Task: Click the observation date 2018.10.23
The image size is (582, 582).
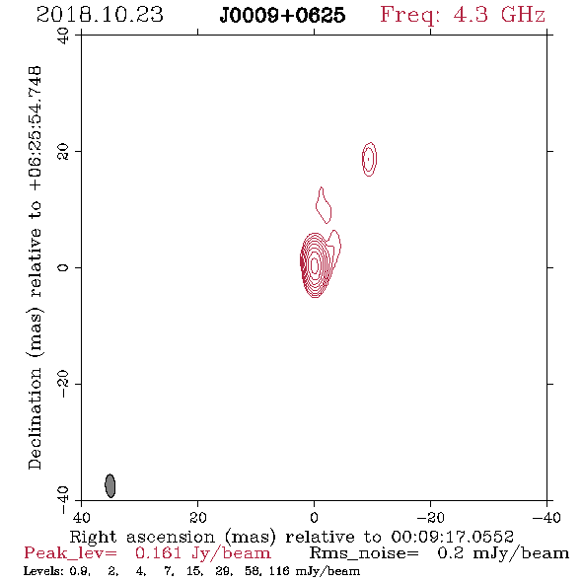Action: (x=100, y=15)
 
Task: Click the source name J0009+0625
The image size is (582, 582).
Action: (x=282, y=15)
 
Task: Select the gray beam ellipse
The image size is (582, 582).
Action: (x=110, y=485)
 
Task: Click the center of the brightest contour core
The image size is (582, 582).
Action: (x=315, y=265)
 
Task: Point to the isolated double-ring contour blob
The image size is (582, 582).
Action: (x=369, y=159)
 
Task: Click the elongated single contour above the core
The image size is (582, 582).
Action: (x=324, y=205)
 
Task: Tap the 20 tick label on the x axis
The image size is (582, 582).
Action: (x=198, y=518)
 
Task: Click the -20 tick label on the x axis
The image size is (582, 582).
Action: (x=430, y=518)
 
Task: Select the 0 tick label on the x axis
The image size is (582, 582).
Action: (x=315, y=518)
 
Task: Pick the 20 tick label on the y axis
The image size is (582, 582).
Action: (x=63, y=152)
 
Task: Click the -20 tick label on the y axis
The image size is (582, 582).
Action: (x=63, y=384)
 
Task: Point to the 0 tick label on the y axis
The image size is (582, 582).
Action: (x=63, y=267)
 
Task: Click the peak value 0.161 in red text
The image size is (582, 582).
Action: (x=159, y=553)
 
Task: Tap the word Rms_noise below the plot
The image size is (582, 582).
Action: (x=364, y=553)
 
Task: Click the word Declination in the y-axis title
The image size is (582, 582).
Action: (x=35, y=418)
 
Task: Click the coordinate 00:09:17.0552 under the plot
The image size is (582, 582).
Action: (x=453, y=537)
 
